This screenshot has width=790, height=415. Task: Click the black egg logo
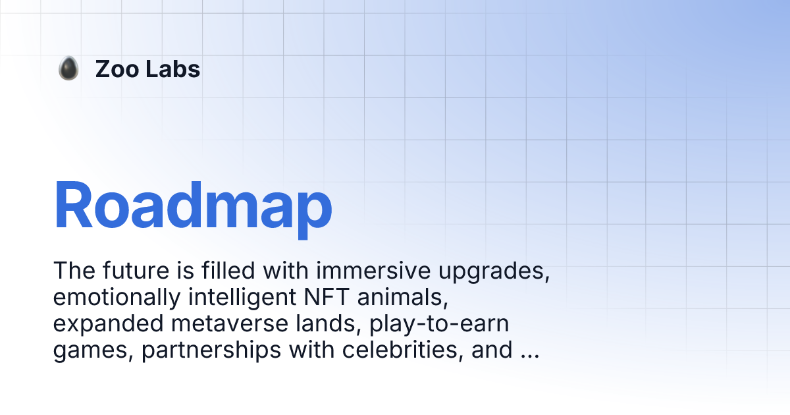click(68, 69)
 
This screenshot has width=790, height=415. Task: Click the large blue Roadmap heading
click(192, 206)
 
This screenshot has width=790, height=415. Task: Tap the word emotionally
click(116, 298)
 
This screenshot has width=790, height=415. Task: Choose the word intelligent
click(241, 298)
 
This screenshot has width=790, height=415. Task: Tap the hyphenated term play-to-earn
click(440, 325)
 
